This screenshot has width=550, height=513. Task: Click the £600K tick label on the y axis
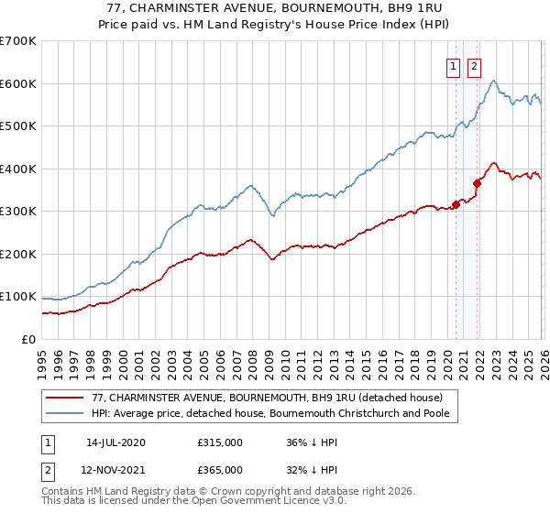[x=18, y=83]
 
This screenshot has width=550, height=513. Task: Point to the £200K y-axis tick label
[x=18, y=254]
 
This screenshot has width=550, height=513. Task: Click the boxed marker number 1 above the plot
[x=454, y=66]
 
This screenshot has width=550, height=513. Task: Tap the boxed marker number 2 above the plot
[x=474, y=66]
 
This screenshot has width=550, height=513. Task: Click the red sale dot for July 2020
[x=456, y=205]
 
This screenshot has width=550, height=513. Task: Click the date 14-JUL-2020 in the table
[x=115, y=442]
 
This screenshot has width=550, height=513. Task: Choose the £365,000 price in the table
[x=220, y=470]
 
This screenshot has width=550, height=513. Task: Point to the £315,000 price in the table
[x=220, y=442]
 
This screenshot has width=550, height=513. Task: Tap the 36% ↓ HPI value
[x=312, y=442]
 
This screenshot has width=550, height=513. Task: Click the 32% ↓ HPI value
[x=312, y=470]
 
